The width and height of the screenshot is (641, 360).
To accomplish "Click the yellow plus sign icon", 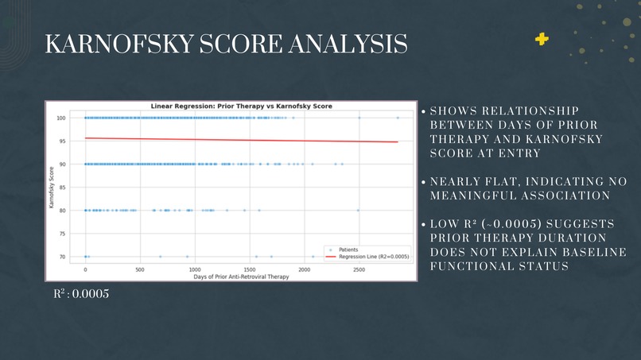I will point(542,39).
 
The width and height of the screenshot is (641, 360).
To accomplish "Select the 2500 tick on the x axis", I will point(359,269).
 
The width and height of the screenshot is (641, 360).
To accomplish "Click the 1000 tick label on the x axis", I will point(195,269).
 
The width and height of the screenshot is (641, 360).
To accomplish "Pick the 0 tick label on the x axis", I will point(86,269).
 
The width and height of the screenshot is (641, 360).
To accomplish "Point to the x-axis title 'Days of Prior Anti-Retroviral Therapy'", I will point(231,276).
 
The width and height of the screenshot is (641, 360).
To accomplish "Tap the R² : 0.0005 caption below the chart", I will point(81,294).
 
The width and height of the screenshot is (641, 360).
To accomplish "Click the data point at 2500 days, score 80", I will point(359,211).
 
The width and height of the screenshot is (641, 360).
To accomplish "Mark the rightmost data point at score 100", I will point(398,118).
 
